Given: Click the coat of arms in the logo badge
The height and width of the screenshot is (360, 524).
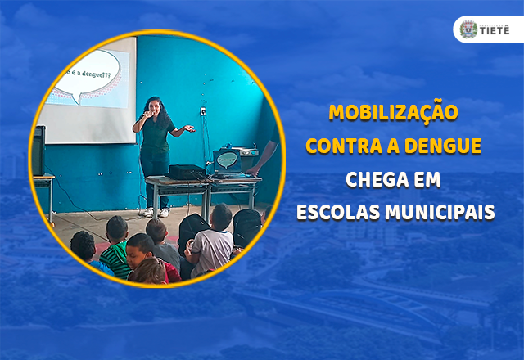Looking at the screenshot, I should pyautogui.click(x=468, y=29).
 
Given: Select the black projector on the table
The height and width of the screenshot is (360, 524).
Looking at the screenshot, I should pyautogui.click(x=187, y=172).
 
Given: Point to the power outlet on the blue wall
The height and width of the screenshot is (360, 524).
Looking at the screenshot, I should pyautogui.click(x=203, y=111).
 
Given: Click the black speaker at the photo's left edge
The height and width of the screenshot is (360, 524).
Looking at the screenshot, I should pyautogui.click(x=38, y=151).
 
